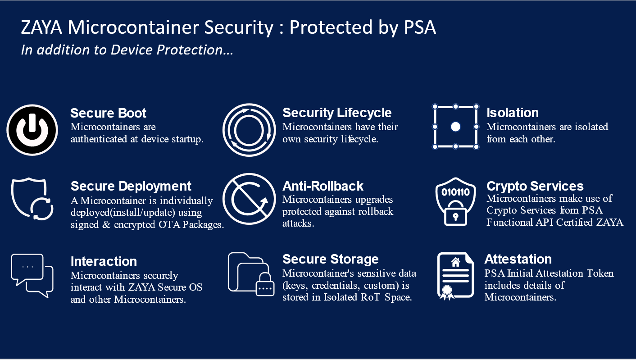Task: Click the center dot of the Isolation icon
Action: (x=455, y=127)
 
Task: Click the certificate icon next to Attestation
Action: (x=455, y=275)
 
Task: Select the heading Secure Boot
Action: (x=109, y=113)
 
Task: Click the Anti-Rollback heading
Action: (x=323, y=186)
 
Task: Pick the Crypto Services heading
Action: (x=535, y=186)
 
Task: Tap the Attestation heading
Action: (x=518, y=259)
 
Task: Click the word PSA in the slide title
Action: (x=418, y=28)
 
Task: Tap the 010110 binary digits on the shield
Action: (x=455, y=192)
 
